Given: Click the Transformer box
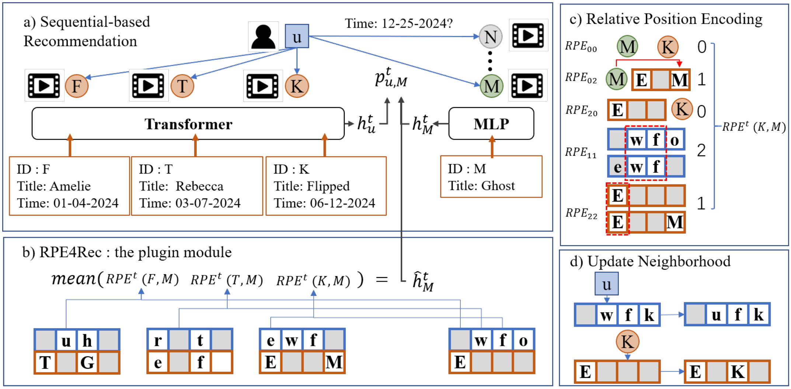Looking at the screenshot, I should click(x=188, y=124).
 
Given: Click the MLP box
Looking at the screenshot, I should click(x=491, y=124).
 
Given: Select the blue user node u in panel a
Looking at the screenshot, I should click(x=297, y=36).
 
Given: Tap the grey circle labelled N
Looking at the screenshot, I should click(x=491, y=37).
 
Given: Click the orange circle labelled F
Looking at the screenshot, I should click(x=77, y=86).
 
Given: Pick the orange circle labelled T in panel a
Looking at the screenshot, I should click(x=182, y=86).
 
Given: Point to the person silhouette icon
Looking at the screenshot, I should click(x=263, y=37).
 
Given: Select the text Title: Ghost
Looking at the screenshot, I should click(x=481, y=186).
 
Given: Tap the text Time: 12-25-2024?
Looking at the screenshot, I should click(x=398, y=23).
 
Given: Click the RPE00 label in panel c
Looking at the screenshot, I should click(x=581, y=47).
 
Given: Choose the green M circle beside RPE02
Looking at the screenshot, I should click(x=617, y=79).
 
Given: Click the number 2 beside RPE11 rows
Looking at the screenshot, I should click(x=701, y=151).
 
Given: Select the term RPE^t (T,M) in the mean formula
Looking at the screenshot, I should click(x=227, y=280).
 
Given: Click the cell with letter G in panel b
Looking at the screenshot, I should click(x=87, y=362).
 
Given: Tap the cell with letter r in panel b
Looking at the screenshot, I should click(x=158, y=340).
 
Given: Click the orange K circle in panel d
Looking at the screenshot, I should click(x=627, y=342).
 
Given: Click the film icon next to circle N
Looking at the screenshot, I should click(x=528, y=35).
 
